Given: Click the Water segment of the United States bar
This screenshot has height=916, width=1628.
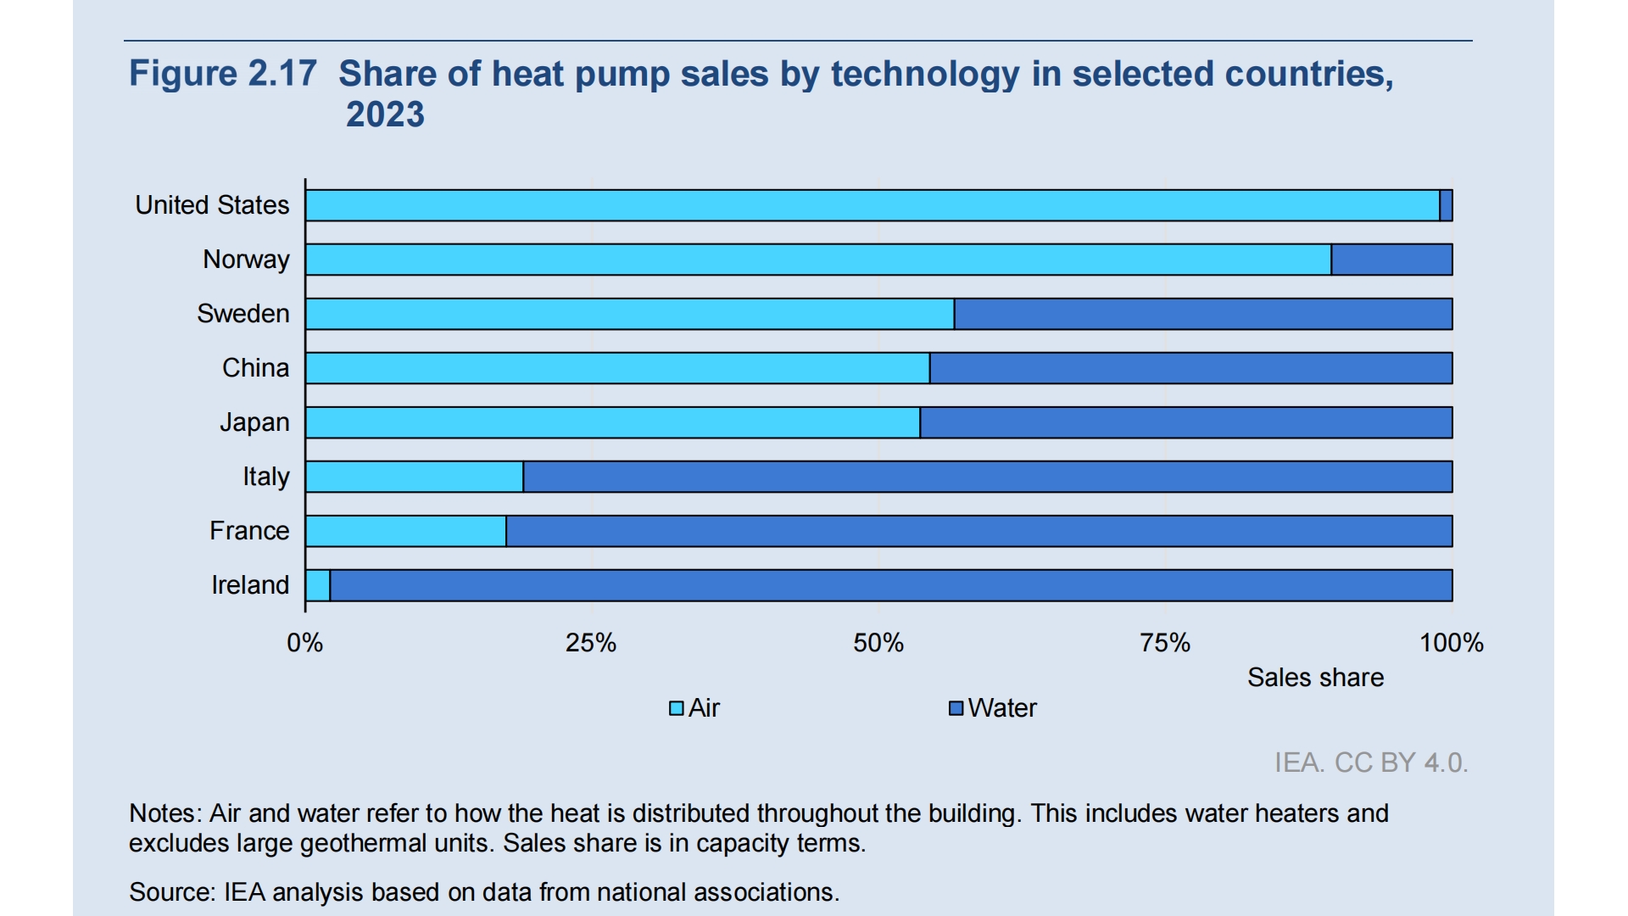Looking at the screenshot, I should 1447,205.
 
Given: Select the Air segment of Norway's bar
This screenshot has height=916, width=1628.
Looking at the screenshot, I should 817,260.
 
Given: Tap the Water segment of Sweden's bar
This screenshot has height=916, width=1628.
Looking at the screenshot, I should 1202,314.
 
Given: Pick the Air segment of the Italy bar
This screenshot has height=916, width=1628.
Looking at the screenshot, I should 415,477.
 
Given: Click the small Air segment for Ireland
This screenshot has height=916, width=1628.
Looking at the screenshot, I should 318,585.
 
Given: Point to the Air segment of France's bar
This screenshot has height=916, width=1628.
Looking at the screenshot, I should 406,531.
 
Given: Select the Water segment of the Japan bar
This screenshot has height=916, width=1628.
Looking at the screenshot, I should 1185,422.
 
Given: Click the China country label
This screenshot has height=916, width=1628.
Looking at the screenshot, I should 255,368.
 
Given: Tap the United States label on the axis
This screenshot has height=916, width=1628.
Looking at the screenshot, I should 212,205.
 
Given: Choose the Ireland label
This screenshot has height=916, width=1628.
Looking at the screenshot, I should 250,585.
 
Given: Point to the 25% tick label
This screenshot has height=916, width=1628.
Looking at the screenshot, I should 591,643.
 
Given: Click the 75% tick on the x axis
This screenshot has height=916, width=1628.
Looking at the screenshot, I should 1165,643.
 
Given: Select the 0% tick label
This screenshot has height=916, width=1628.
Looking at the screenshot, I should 305,643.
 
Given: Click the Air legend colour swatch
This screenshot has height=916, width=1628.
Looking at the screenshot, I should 677,708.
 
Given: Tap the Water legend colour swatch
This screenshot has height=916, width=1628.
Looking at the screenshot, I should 956,708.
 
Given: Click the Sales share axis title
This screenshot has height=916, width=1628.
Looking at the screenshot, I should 1315,678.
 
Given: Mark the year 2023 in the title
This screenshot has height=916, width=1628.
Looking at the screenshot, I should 385,114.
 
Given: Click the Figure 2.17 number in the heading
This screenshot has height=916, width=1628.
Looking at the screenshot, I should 223,74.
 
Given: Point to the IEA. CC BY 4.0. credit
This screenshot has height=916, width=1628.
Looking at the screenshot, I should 1371,762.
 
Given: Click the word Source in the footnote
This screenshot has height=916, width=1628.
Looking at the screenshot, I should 172,892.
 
